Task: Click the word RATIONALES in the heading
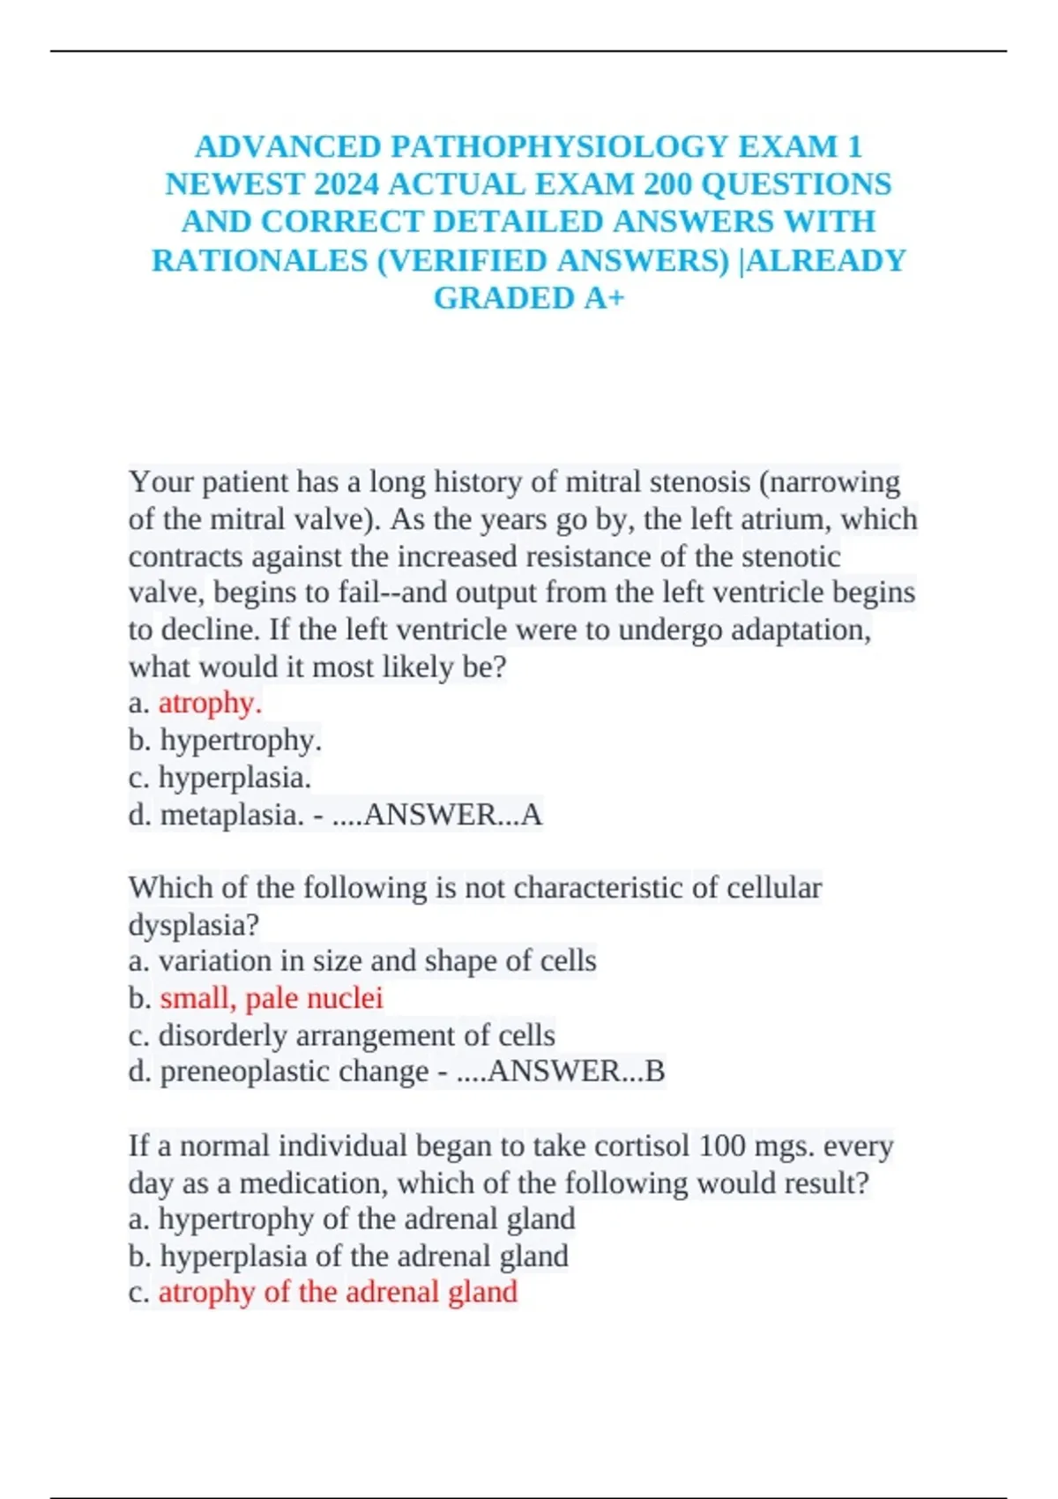pos(259,261)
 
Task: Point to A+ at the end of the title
pos(603,299)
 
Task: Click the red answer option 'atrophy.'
pos(210,703)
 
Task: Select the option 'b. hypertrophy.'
pos(225,741)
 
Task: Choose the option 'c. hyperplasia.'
pos(220,778)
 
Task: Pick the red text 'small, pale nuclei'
pos(272,998)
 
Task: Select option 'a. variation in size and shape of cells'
pos(362,961)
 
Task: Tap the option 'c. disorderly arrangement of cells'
pos(341,1035)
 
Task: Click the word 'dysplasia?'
pos(194,925)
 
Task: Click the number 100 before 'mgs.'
pos(723,1146)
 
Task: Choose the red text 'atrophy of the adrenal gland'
pos(338,1293)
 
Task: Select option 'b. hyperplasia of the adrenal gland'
pos(348,1256)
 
